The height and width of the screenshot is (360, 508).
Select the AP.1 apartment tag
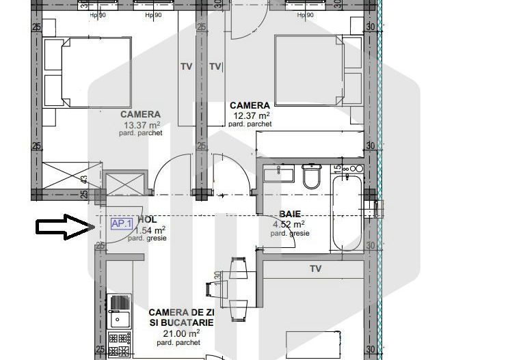[122, 223]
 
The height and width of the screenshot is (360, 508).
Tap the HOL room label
[147, 220]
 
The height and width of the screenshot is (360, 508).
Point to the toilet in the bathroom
[312, 178]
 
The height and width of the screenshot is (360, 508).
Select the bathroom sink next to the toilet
[279, 172]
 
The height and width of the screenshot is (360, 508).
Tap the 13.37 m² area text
[142, 125]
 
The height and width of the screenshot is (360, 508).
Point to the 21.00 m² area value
[181, 333]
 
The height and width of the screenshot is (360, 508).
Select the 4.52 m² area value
[289, 223]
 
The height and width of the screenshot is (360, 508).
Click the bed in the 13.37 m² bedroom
[88, 72]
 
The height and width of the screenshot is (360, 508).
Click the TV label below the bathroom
[315, 269]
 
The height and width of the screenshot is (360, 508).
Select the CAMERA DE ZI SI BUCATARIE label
[181, 317]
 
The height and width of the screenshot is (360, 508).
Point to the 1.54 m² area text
[150, 230]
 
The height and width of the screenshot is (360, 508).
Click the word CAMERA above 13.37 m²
[141, 115]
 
